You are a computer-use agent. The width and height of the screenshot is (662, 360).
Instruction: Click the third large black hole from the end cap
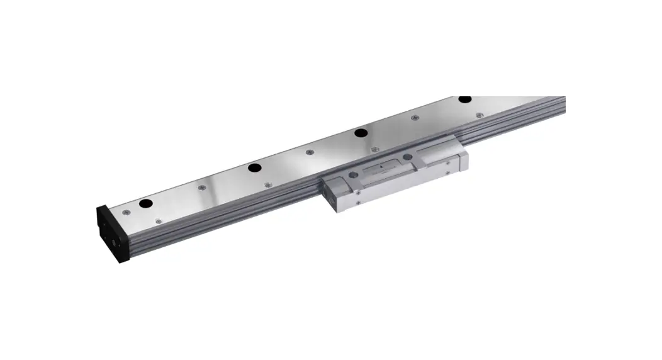(x=361, y=133)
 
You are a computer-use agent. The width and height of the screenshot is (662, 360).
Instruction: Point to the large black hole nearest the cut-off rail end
(x=464, y=99)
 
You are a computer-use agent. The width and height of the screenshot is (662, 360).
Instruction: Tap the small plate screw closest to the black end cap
(x=130, y=212)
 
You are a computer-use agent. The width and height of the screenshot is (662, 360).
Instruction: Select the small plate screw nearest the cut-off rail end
(x=480, y=115)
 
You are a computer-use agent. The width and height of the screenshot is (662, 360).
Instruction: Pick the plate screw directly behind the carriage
(x=375, y=149)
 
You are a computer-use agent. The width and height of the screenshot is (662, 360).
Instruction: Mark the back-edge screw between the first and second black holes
(x=201, y=188)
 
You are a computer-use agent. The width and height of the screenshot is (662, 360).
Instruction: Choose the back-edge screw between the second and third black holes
(x=309, y=152)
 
